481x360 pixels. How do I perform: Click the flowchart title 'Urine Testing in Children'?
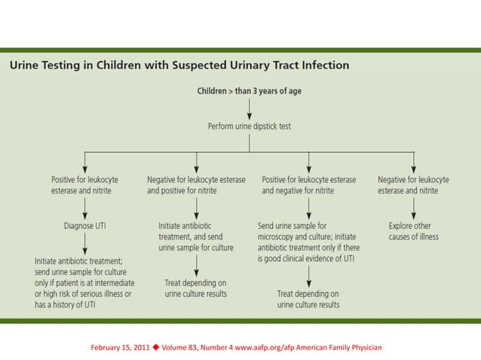pyautogui.click(x=179, y=65)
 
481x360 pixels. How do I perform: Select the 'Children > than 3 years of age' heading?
pyautogui.click(x=249, y=90)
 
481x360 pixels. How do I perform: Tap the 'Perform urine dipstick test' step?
pyautogui.click(x=249, y=126)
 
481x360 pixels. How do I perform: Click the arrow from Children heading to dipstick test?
pyautogui.click(x=249, y=108)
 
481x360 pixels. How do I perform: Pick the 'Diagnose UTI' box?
pyautogui.click(x=84, y=225)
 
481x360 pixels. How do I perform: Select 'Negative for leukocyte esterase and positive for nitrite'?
pyautogui.click(x=196, y=185)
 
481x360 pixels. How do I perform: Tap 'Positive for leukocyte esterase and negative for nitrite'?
pyautogui.click(x=308, y=185)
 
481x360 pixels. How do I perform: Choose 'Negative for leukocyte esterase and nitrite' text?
pyautogui.click(x=413, y=185)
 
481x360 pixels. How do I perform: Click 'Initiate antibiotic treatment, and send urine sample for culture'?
pyautogui.click(x=196, y=236)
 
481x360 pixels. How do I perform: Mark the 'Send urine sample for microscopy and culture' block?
pyautogui.click(x=308, y=242)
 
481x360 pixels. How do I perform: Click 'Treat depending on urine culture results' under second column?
pyautogui.click(x=196, y=288)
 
